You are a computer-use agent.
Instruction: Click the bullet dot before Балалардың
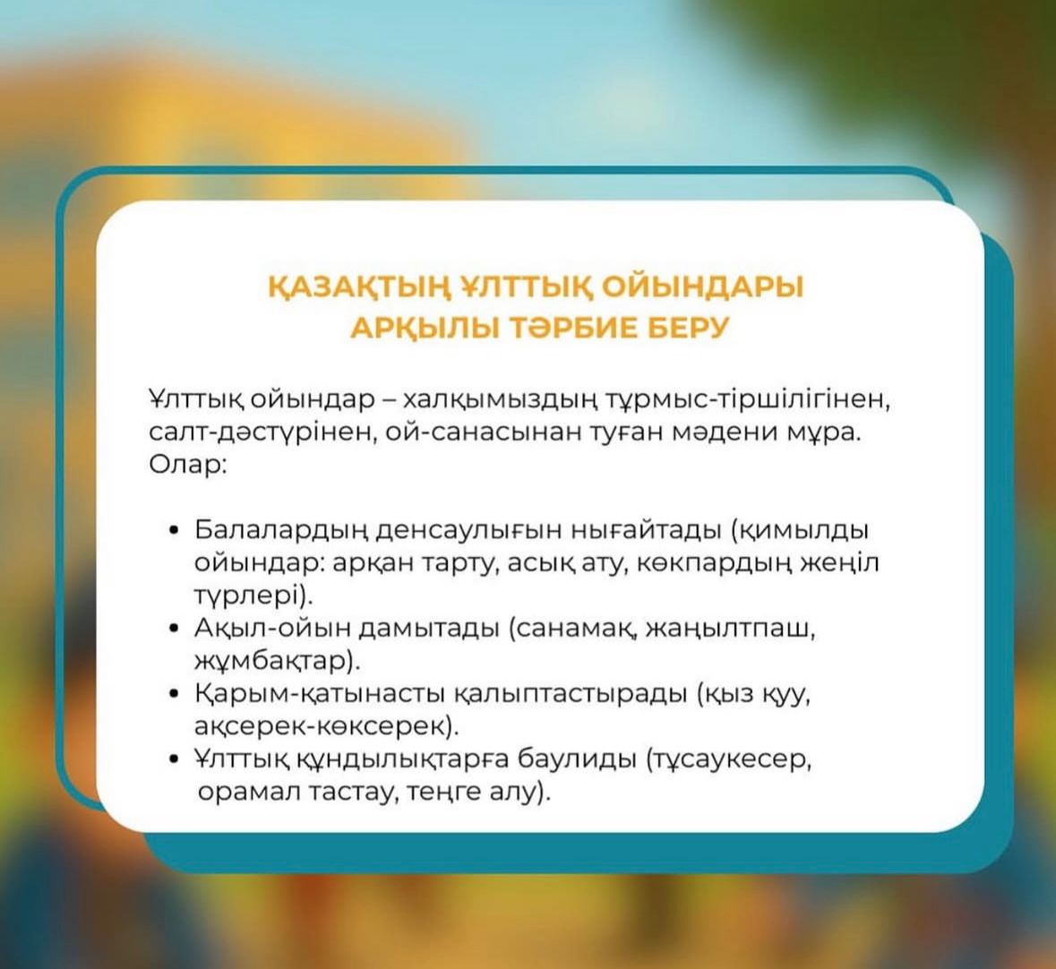click(175, 531)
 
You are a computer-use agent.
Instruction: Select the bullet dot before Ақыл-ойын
click(175, 630)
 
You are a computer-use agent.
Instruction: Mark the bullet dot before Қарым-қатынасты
click(175, 694)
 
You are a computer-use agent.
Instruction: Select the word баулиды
click(576, 759)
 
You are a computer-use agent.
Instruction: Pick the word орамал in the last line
click(248, 792)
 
